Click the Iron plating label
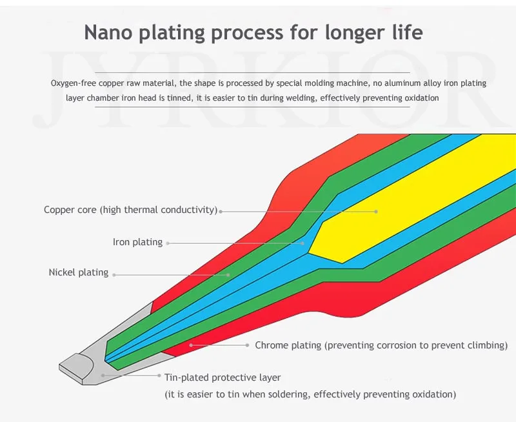tap(137, 243)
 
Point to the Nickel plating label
tap(79, 273)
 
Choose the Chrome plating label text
tap(381, 345)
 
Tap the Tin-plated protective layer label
tap(223, 377)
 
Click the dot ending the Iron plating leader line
tap(303, 243)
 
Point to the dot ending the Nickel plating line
tap(228, 274)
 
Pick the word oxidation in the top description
tap(419, 98)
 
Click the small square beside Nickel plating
tap(115, 274)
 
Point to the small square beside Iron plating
tap(169, 243)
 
